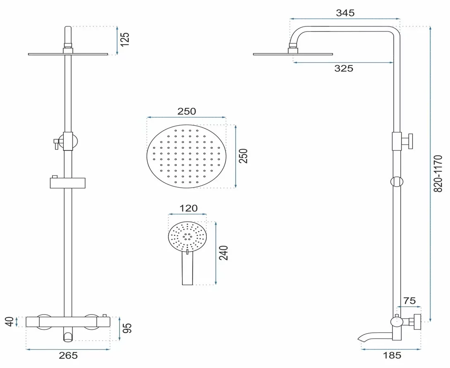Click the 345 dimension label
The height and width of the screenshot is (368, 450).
click(345, 13)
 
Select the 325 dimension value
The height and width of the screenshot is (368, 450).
click(344, 68)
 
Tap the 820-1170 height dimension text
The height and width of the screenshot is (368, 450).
click(438, 174)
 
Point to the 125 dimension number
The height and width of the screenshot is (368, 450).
click(125, 40)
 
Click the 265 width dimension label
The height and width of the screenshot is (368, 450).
click(68, 356)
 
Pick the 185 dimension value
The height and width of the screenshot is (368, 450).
click(392, 356)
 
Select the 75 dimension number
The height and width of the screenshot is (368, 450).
click(409, 301)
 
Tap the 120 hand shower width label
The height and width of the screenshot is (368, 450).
click(188, 208)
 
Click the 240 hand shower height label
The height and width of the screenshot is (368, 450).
click(224, 253)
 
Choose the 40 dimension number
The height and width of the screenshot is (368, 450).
click(10, 322)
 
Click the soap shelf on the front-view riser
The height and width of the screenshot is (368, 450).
click(68, 183)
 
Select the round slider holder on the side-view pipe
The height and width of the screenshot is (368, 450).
click(397, 182)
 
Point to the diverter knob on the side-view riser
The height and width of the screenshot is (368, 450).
click(408, 141)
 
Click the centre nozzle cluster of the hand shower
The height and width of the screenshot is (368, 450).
click(187, 236)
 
